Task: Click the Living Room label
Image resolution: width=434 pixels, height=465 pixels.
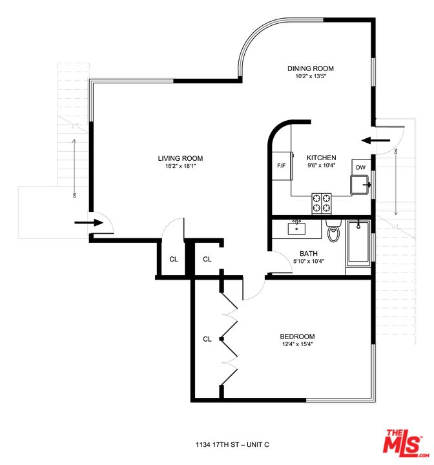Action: point(181,158)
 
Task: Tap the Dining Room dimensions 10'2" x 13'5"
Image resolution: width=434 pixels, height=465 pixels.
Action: point(311,76)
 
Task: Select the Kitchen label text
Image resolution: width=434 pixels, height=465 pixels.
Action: point(321,158)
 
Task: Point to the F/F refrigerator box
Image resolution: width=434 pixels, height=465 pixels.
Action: point(281,165)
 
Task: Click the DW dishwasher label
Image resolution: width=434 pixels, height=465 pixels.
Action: point(361,168)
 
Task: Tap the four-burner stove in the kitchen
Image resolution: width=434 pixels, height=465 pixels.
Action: point(322,203)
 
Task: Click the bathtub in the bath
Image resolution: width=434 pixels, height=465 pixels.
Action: point(359,243)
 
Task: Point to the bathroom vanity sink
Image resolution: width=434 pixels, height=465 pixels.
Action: point(298,228)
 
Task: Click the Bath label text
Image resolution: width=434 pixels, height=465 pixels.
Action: point(307,253)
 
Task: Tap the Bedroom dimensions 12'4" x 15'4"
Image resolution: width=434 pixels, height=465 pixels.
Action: point(297,344)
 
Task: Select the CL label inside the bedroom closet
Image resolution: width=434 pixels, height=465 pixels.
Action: point(207,338)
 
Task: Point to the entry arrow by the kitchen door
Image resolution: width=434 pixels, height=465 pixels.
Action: point(375,139)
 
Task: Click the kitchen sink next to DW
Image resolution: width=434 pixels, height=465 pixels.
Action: point(361,185)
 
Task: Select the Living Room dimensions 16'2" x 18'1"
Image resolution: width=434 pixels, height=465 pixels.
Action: point(181,166)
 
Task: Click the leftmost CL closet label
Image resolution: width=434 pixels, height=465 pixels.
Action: point(173,259)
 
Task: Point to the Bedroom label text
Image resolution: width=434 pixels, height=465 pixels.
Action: point(297,336)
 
